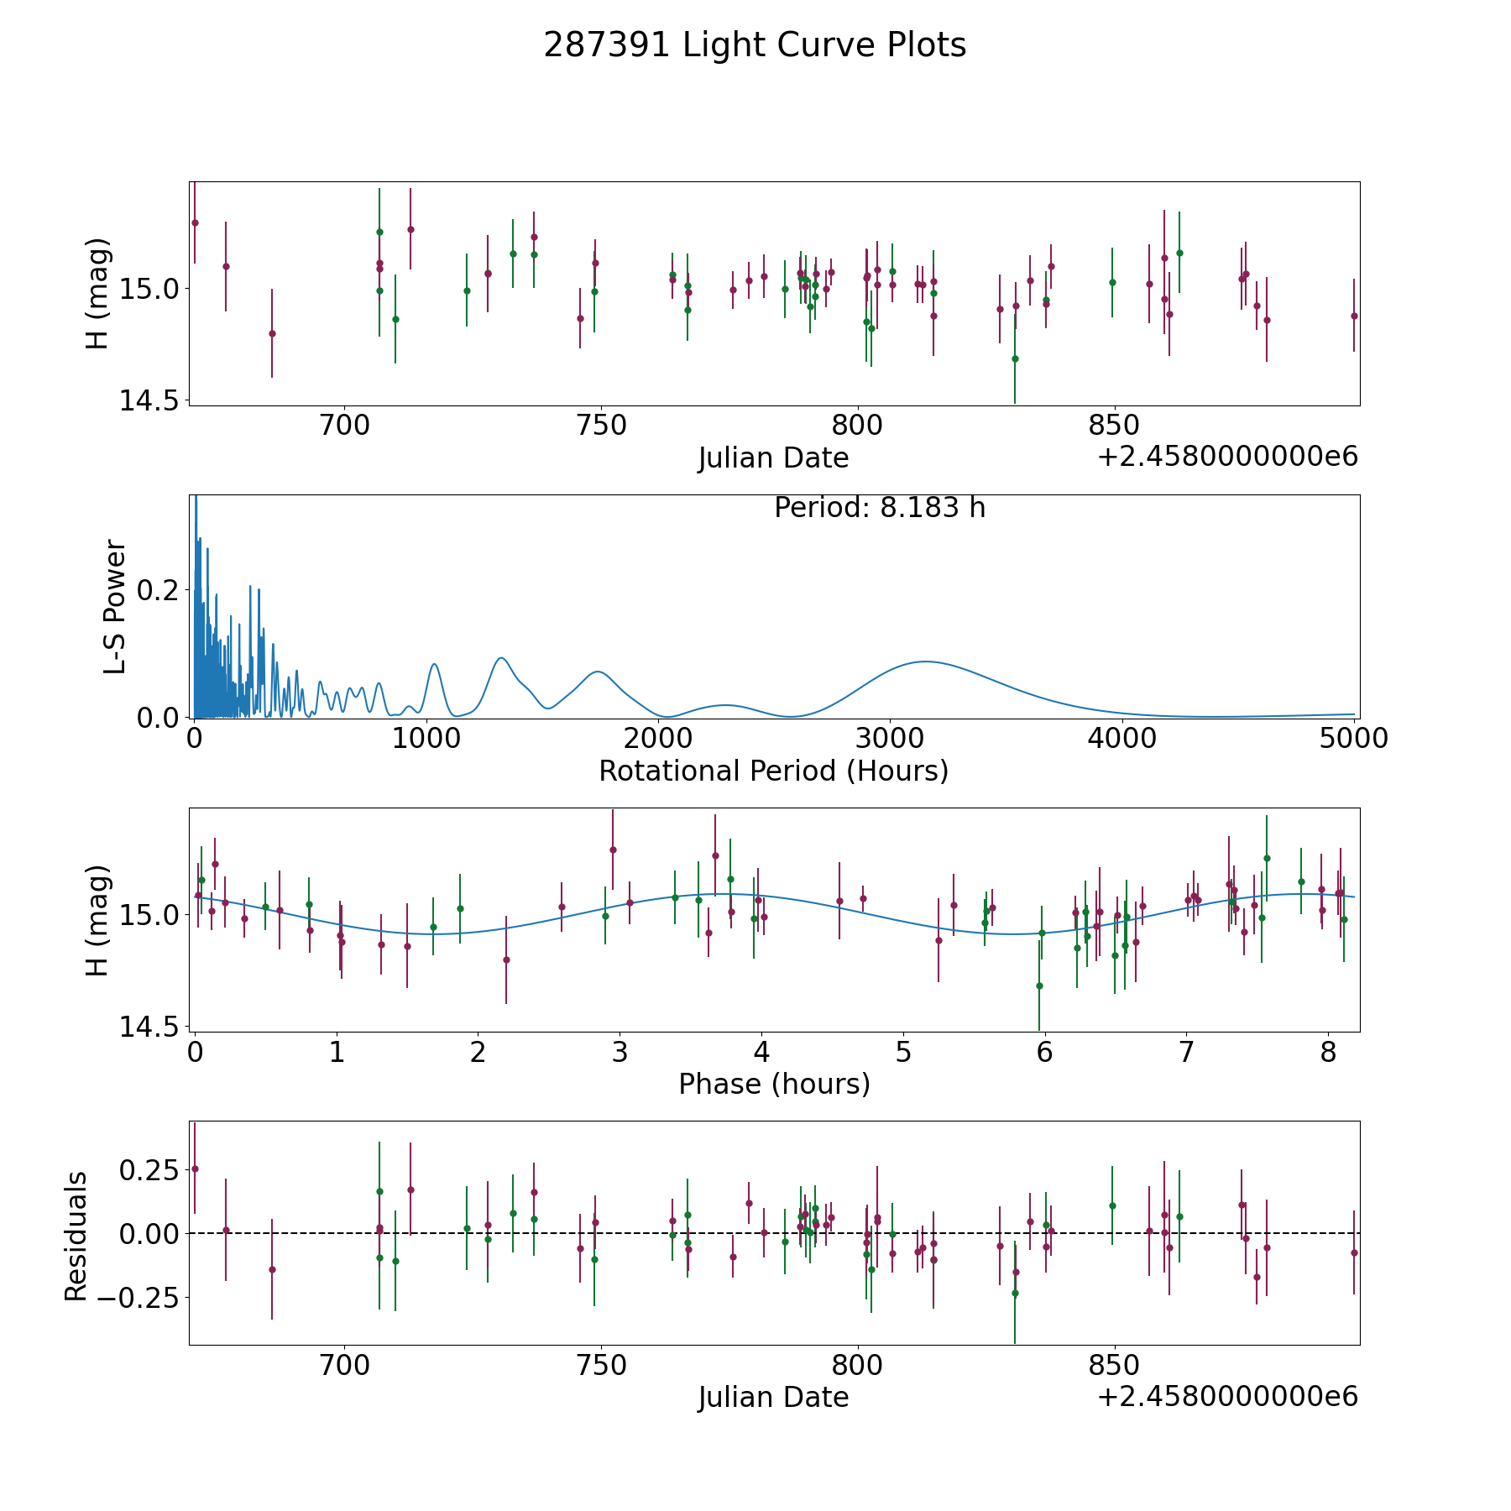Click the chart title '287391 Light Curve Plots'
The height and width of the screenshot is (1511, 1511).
(755, 45)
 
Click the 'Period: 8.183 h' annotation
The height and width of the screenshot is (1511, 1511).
(880, 508)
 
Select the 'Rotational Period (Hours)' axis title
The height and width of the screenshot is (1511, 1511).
(773, 771)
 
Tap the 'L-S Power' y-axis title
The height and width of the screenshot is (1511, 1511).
(115, 607)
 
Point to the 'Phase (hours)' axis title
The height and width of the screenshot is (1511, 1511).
(774, 1084)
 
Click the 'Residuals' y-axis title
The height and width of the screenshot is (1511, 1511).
(76, 1237)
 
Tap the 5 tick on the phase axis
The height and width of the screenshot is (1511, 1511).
(902, 1052)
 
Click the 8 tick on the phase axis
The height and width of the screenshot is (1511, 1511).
(1328, 1052)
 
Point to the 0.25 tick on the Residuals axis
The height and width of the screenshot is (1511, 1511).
(146, 1169)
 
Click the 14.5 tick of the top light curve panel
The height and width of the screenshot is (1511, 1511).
(148, 400)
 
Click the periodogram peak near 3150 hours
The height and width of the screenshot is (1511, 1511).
(925, 661)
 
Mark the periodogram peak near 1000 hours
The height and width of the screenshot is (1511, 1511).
(434, 664)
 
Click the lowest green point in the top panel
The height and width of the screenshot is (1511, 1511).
(1015, 358)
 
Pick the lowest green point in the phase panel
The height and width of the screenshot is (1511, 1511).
(1039, 986)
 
